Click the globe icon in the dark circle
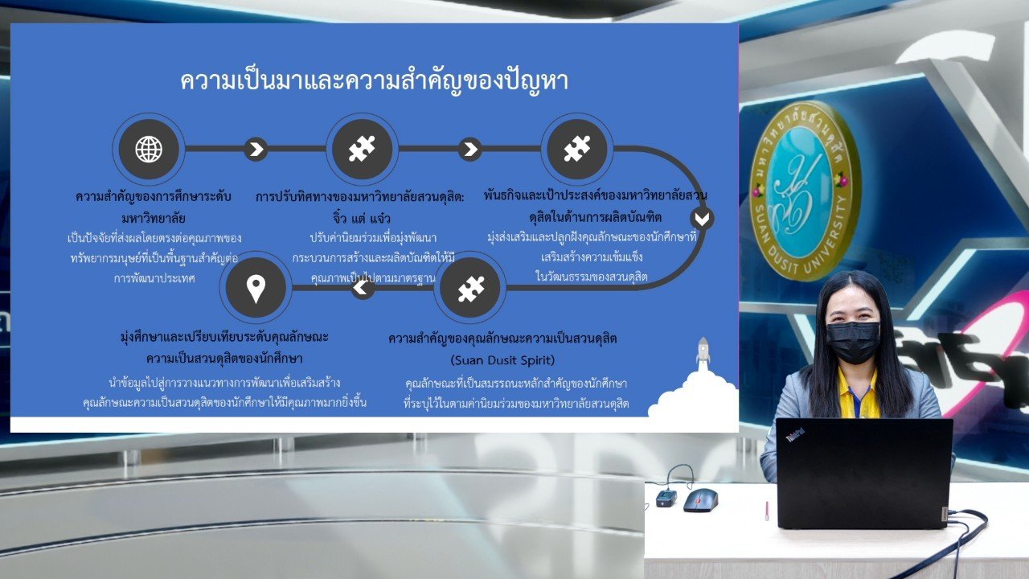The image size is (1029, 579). coord(149,149)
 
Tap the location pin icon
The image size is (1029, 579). coord(256,289)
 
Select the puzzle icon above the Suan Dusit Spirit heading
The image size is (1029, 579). coord(471,289)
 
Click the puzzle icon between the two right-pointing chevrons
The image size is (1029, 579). coord(362,149)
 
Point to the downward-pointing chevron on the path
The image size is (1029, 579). coord(702,219)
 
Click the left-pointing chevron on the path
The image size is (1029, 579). coord(363,288)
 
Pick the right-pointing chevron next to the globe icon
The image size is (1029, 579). coord(256,149)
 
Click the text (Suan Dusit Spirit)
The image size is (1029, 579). coord(502,359)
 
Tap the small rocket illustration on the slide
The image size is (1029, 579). coord(703,351)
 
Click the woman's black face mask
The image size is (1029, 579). coord(853,342)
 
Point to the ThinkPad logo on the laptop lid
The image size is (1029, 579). coord(795,434)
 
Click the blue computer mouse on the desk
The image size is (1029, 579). coord(700,500)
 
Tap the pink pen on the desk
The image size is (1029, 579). coord(767,511)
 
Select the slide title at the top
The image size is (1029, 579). coord(374,81)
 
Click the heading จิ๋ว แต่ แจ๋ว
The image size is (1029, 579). coord(362,217)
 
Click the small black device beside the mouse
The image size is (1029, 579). coord(666,498)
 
